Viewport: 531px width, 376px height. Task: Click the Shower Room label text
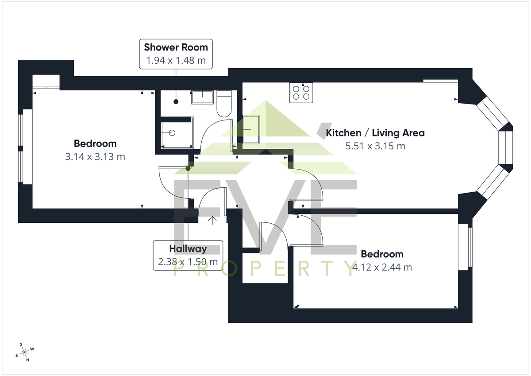pos(176,47)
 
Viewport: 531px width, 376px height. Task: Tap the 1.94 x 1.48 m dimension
pos(176,61)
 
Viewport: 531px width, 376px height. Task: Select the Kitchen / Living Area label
pos(375,133)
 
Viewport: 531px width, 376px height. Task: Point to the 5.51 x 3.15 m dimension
pos(375,146)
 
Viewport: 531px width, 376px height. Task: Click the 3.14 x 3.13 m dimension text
pos(95,157)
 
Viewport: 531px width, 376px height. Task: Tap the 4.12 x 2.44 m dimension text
pos(382,267)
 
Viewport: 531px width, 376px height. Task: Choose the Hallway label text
pos(188,248)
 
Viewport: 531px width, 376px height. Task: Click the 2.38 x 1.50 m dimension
pos(188,262)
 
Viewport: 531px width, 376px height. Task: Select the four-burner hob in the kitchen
pos(301,93)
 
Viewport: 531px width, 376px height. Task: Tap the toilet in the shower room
pos(224,104)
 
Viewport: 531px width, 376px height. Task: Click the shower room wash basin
pos(202,97)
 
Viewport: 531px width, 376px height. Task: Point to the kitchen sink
pos(251,129)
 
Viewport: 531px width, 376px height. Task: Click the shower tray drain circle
pos(172,133)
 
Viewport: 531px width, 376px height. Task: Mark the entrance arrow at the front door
pos(212,220)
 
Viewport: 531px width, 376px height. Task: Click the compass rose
pos(24,352)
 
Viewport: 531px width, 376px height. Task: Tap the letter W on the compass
pos(32,349)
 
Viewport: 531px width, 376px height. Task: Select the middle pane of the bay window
pos(505,147)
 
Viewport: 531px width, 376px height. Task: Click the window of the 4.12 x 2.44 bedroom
pos(465,247)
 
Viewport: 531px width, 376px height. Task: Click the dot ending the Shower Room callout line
pos(176,102)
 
